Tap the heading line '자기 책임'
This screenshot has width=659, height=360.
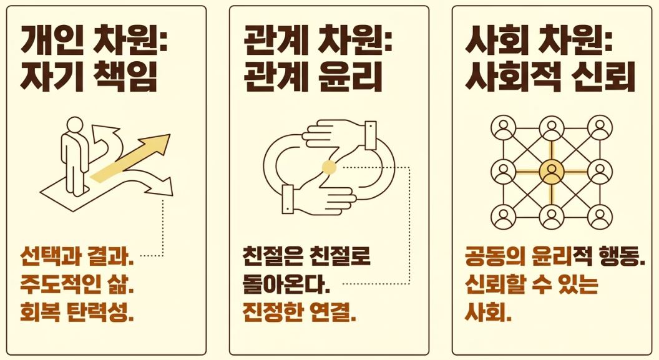89,78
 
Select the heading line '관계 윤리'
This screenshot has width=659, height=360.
313,78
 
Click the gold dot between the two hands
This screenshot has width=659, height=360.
329,167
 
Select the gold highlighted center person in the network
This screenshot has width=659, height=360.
551,172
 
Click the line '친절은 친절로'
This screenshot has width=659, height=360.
306,256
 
